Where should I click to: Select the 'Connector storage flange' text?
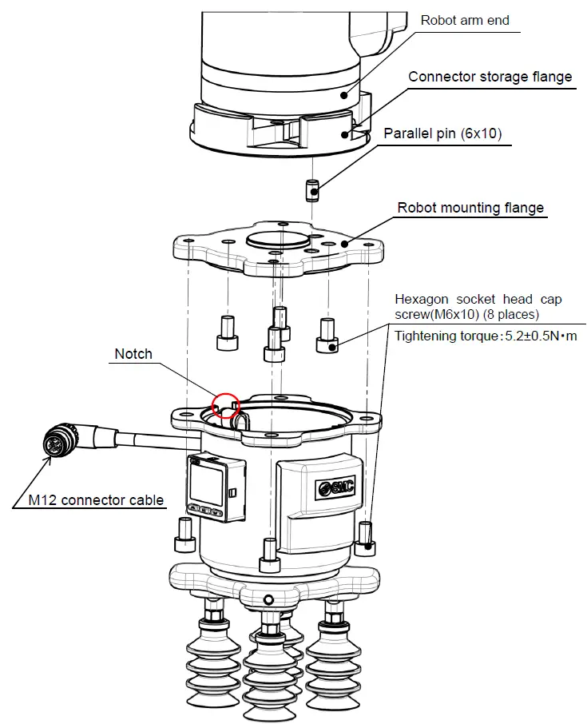(490, 78)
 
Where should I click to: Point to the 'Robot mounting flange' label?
(470, 208)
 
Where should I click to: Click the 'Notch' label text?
(133, 354)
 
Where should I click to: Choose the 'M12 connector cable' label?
(96, 501)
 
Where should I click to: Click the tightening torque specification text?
(486, 336)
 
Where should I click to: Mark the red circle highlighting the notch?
(226, 405)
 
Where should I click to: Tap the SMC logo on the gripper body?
(335, 489)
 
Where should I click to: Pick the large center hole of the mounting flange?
(277, 239)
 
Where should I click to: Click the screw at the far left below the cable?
(184, 535)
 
